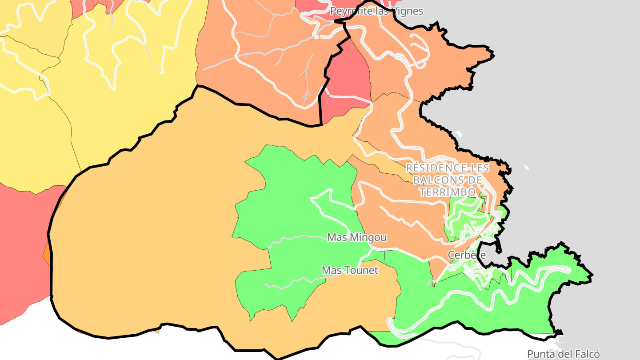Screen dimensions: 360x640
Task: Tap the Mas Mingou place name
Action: pyautogui.click(x=356, y=238)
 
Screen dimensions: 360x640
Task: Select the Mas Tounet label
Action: pyautogui.click(x=350, y=270)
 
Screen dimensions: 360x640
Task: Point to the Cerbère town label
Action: pyautogui.click(x=467, y=255)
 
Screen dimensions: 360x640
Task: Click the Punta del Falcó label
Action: pyautogui.click(x=564, y=354)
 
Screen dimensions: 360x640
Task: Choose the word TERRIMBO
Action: pyautogui.click(x=447, y=192)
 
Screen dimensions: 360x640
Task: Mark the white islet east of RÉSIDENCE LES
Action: pyautogui.click(x=526, y=168)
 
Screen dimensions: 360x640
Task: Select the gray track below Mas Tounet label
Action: pyautogui.click(x=293, y=282)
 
